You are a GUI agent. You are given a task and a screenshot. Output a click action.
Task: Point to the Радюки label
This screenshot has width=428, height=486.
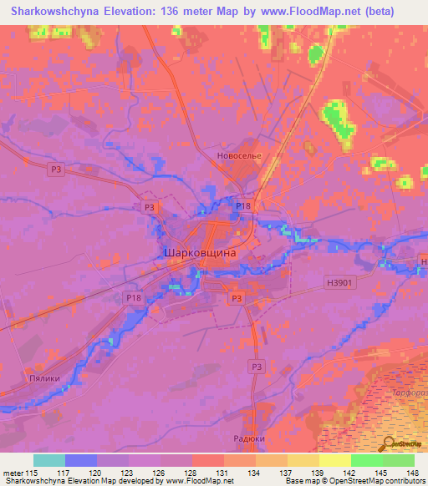coord(247,438)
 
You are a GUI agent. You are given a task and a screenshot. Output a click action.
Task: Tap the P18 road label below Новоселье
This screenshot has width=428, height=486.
coord(242,205)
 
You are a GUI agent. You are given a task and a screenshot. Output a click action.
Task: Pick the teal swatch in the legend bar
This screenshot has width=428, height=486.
coord(49,460)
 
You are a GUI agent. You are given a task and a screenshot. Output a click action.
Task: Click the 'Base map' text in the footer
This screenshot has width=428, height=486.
coord(301,482)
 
